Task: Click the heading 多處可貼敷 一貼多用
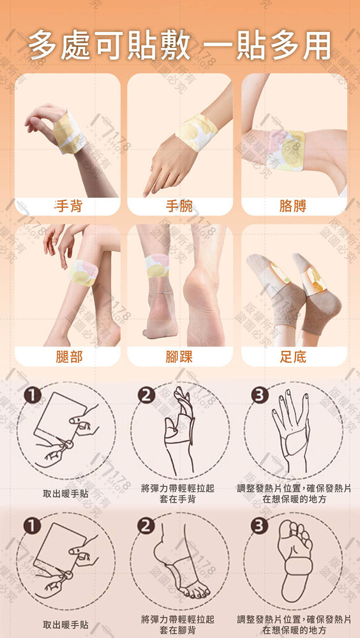point(179,46)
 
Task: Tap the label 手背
point(68,206)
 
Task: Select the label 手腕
point(179,206)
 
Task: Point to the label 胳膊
point(293,206)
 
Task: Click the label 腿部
point(69,357)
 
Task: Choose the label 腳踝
point(179,357)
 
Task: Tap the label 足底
point(293,357)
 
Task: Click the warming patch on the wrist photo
point(195,132)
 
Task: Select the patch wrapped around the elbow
point(285,149)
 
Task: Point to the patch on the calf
point(84,273)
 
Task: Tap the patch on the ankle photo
point(157,265)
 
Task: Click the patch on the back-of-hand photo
point(69,132)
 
